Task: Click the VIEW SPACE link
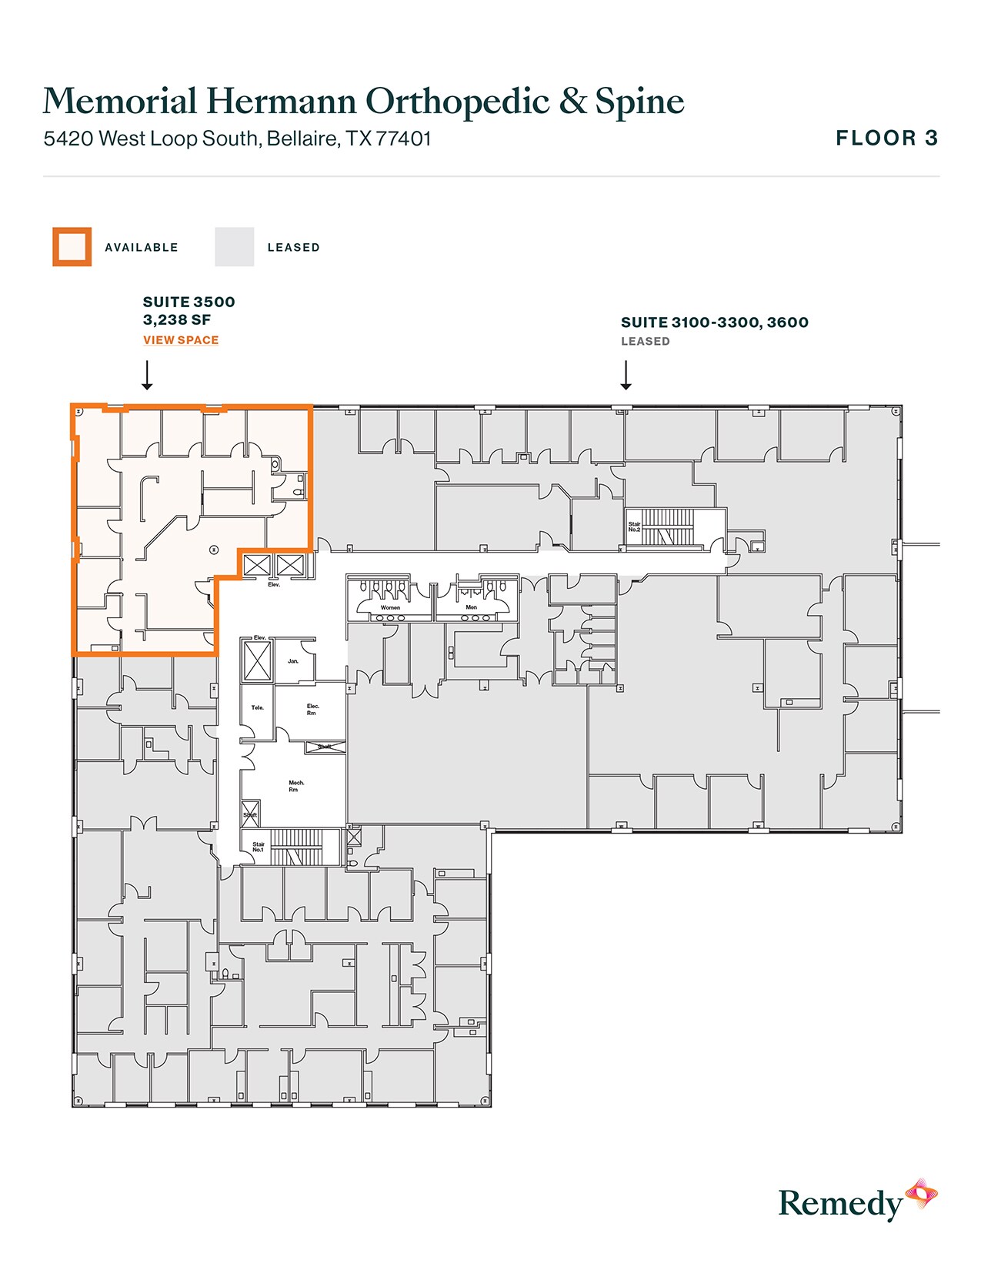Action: [181, 340]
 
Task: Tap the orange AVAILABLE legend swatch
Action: [72, 247]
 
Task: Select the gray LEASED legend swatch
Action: [234, 247]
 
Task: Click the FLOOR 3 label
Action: [886, 139]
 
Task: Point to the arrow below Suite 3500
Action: [147, 376]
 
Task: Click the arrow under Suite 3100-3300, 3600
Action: [626, 376]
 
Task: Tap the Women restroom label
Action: [390, 607]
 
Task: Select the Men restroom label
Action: [472, 607]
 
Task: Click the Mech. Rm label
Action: [296, 786]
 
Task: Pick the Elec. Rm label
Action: [312, 709]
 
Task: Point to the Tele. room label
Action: [258, 707]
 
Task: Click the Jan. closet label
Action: [293, 661]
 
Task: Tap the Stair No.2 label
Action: [634, 527]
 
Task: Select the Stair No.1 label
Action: [259, 847]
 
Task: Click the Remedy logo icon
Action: [920, 1194]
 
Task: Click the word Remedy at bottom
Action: [840, 1204]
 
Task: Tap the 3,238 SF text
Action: [177, 320]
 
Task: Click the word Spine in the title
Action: [639, 102]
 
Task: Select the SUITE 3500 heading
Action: [189, 302]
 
